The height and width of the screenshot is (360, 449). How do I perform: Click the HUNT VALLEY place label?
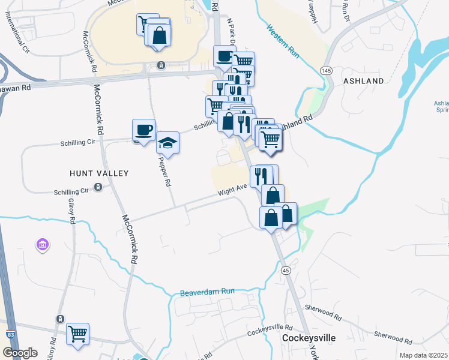click(99, 173)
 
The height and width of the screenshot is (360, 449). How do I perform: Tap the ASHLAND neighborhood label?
click(363, 80)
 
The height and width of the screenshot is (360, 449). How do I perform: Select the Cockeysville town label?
click(309, 338)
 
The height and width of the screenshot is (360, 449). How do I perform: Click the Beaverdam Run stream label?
click(206, 293)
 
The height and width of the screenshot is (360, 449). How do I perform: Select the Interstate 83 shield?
click(10, 333)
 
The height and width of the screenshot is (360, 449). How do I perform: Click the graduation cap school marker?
click(169, 143)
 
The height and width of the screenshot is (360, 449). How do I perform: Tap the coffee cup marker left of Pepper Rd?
click(145, 130)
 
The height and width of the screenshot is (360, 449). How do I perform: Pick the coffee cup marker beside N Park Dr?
click(224, 56)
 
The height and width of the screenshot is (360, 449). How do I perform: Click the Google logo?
click(20, 353)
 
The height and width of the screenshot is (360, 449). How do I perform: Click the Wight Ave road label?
click(233, 189)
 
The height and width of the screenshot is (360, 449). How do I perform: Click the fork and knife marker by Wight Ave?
click(260, 176)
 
